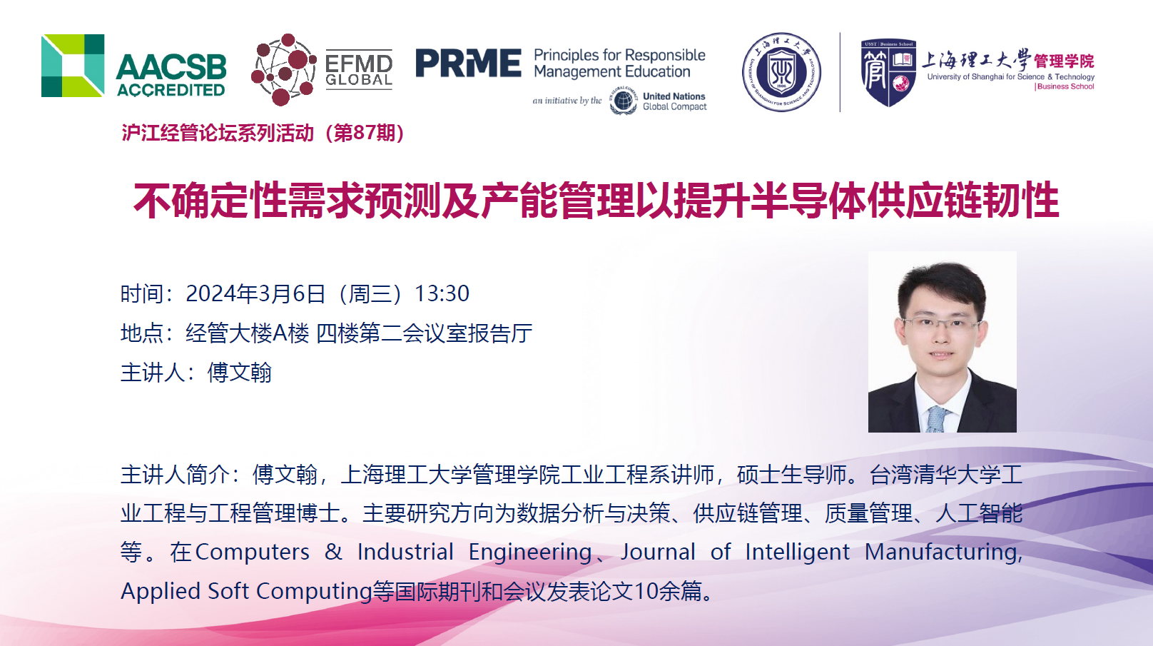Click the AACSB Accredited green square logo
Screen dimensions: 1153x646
[73, 66]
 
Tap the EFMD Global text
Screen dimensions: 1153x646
[359, 70]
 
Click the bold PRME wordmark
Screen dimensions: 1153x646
[468, 63]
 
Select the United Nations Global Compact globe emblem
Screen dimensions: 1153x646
[623, 101]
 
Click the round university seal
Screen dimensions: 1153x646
[781, 72]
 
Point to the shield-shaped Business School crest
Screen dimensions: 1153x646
[888, 73]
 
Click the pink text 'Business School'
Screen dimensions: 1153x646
[1065, 86]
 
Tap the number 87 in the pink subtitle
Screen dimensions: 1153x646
[365, 133]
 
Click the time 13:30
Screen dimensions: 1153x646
[442, 293]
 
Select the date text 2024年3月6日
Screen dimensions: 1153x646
[255, 293]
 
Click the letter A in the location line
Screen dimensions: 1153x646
[280, 333]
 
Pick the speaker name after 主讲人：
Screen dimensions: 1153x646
[239, 373]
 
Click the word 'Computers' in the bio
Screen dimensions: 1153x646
[253, 552]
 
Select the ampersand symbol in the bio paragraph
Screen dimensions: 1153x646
[333, 552]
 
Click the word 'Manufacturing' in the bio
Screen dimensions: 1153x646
[943, 552]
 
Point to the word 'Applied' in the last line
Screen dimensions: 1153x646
[160, 592]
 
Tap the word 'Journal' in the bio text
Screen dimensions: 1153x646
[658, 552]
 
